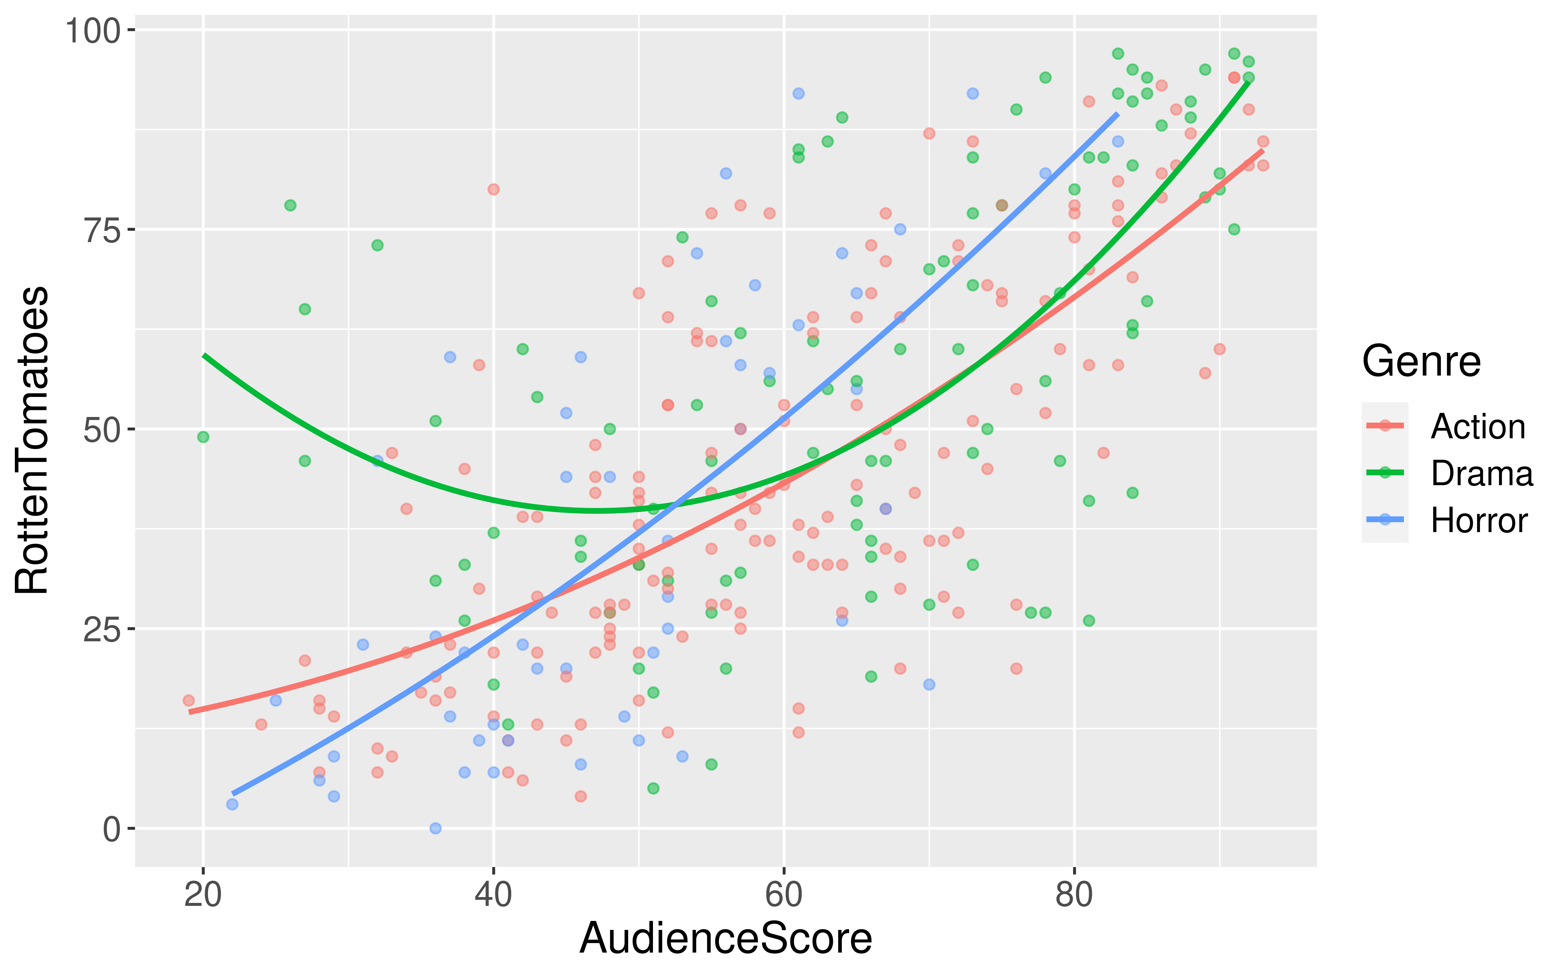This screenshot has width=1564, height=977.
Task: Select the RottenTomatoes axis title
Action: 32,439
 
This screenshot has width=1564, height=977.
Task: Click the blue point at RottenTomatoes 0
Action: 436,828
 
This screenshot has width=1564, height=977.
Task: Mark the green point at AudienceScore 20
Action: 203,437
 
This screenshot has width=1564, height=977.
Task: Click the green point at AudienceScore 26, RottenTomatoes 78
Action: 290,206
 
